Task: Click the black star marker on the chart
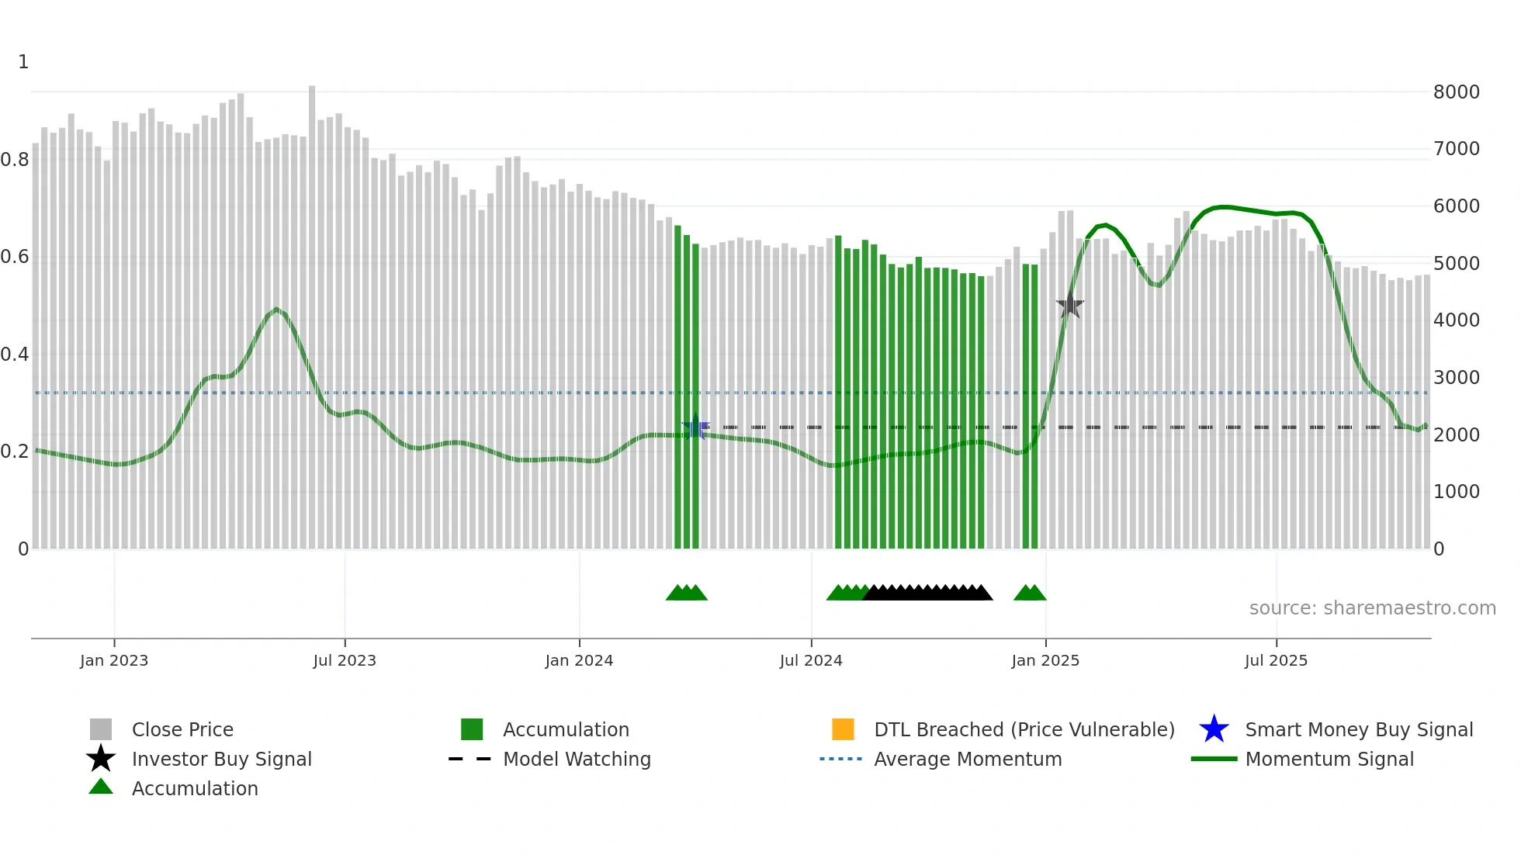[1069, 306]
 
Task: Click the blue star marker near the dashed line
[695, 427]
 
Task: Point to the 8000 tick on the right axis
[1456, 92]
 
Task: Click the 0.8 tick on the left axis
[15, 160]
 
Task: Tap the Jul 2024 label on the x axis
[811, 660]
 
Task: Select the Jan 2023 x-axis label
[114, 660]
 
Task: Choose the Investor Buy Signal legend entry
[221, 759]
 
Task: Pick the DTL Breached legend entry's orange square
[843, 729]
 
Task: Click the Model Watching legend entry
[576, 759]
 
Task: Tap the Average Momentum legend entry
[967, 759]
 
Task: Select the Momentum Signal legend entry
[1329, 759]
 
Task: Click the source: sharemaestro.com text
[1372, 607]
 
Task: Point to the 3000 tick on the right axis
[1456, 378]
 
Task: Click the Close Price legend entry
[182, 729]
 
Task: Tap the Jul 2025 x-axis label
[1276, 660]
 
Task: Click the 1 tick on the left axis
[23, 62]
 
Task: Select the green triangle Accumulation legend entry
[194, 788]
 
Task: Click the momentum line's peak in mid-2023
[276, 309]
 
